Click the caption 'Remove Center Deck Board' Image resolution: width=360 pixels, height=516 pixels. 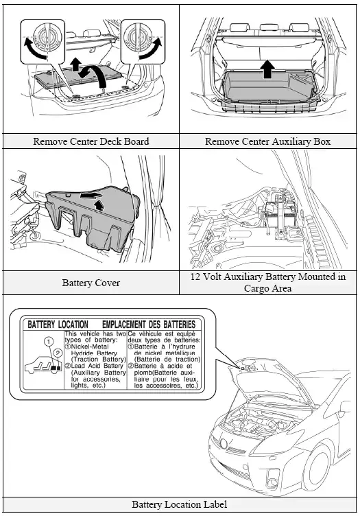click(x=91, y=141)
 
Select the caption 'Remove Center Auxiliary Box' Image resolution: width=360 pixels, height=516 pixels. click(x=268, y=141)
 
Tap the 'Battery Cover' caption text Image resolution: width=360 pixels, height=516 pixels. click(x=91, y=282)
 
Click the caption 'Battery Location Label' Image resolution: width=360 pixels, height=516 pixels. click(x=179, y=504)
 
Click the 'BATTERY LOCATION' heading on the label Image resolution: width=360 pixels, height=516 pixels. click(x=58, y=324)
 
